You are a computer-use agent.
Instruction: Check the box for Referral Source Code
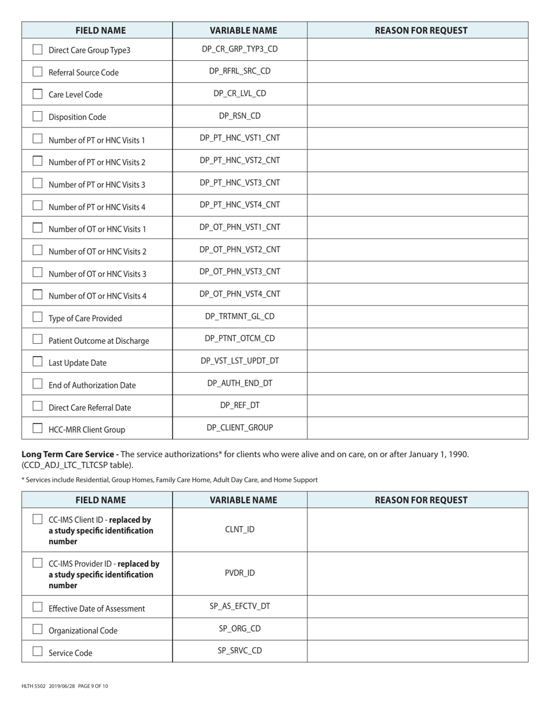click(38, 72)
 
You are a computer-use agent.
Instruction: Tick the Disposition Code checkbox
click(38, 116)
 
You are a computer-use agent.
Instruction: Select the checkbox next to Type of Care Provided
click(38, 317)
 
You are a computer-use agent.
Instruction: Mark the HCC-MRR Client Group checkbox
click(38, 428)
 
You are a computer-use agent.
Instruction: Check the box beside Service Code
click(38, 652)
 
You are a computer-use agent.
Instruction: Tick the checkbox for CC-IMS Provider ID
click(38, 563)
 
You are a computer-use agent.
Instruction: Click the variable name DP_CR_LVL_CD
click(240, 93)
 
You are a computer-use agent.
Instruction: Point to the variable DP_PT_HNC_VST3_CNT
click(240, 183)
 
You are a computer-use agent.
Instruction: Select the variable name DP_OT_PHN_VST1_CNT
click(240, 227)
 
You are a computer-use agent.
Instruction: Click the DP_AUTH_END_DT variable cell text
click(240, 383)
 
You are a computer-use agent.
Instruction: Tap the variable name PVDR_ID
click(240, 573)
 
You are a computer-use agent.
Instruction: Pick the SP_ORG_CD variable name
click(240, 629)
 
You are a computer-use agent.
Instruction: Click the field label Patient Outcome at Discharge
click(98, 341)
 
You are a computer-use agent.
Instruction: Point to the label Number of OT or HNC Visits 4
click(97, 296)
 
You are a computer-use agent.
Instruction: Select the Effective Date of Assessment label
click(97, 608)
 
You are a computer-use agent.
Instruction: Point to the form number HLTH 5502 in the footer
click(33, 687)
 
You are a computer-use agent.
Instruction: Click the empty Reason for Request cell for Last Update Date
click(417, 361)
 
